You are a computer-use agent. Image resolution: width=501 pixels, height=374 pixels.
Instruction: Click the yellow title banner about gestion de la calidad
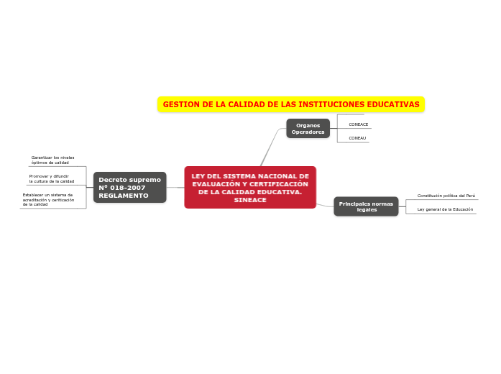[x=291, y=104]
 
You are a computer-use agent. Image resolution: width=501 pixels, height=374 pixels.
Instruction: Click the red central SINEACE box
[x=250, y=187]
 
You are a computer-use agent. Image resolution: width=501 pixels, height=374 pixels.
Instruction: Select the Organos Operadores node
[x=308, y=129]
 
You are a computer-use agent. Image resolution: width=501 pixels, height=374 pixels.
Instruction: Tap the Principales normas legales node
[x=366, y=206]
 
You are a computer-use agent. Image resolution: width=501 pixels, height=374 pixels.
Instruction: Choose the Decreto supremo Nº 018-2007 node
[x=129, y=187]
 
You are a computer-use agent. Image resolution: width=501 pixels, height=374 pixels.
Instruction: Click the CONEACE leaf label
[x=358, y=124]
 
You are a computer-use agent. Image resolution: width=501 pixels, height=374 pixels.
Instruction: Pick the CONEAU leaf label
[x=357, y=138]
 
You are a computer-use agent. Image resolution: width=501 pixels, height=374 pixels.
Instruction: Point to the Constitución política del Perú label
[x=446, y=196]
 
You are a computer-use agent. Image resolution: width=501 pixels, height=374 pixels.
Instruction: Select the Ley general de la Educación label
[x=445, y=209]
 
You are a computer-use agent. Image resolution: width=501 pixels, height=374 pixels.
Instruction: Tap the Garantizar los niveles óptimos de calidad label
[x=52, y=160]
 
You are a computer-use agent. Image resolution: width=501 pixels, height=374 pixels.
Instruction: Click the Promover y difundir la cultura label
[x=52, y=178]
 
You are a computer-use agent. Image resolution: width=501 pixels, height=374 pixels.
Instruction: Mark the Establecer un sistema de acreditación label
[x=48, y=199]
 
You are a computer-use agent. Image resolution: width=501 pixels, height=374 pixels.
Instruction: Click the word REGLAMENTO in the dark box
[x=123, y=196]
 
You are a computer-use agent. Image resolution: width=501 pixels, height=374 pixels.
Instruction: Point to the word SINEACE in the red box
[x=249, y=200]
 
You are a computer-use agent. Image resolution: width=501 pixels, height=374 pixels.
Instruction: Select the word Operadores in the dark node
[x=308, y=132]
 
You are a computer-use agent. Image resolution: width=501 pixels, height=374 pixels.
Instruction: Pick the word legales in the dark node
[x=367, y=210]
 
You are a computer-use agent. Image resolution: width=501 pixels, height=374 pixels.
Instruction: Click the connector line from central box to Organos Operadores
[x=269, y=149]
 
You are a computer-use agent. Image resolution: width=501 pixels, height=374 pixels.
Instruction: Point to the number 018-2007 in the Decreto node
[x=130, y=188]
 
